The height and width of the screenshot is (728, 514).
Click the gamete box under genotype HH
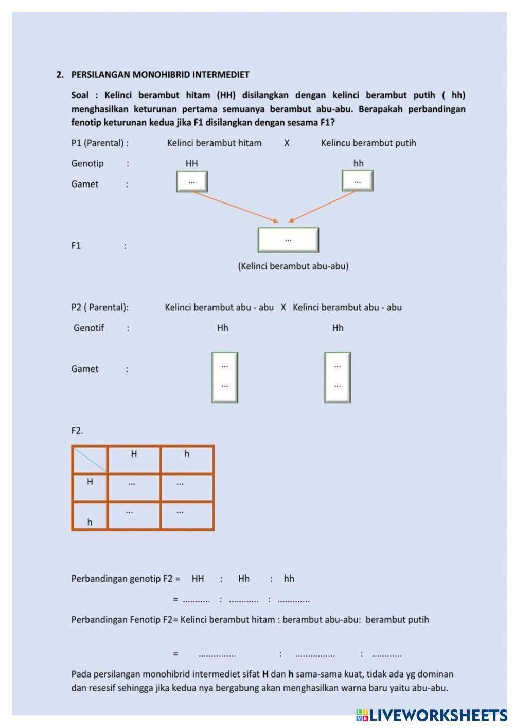tap(192, 181)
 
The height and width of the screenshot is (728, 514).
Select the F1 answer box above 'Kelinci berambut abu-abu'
tap(288, 240)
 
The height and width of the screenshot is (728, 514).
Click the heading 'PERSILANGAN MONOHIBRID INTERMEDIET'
tap(160, 75)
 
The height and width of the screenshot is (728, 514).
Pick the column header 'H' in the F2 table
tap(134, 454)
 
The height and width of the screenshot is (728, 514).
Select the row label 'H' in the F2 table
tap(90, 482)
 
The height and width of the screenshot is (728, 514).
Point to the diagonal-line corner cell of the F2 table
tap(90, 460)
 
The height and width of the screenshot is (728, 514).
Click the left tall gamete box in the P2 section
tap(225, 377)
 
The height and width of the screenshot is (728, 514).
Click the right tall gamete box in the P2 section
tap(338, 377)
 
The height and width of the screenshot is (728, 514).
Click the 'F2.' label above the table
tap(77, 431)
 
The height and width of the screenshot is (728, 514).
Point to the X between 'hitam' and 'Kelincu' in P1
tap(287, 143)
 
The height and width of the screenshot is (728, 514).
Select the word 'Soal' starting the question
tap(80, 95)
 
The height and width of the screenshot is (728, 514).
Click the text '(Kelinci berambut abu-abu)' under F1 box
tap(293, 266)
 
